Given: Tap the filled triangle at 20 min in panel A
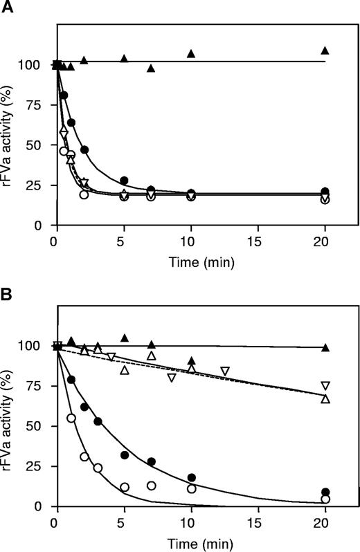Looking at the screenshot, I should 325,50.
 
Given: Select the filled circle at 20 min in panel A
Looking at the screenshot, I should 325,192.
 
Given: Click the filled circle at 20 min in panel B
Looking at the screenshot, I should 325,493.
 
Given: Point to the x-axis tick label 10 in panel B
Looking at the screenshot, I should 190,525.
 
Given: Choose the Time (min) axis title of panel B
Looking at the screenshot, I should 190,542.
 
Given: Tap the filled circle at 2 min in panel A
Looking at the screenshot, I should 84,150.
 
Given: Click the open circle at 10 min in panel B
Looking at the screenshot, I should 191,488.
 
